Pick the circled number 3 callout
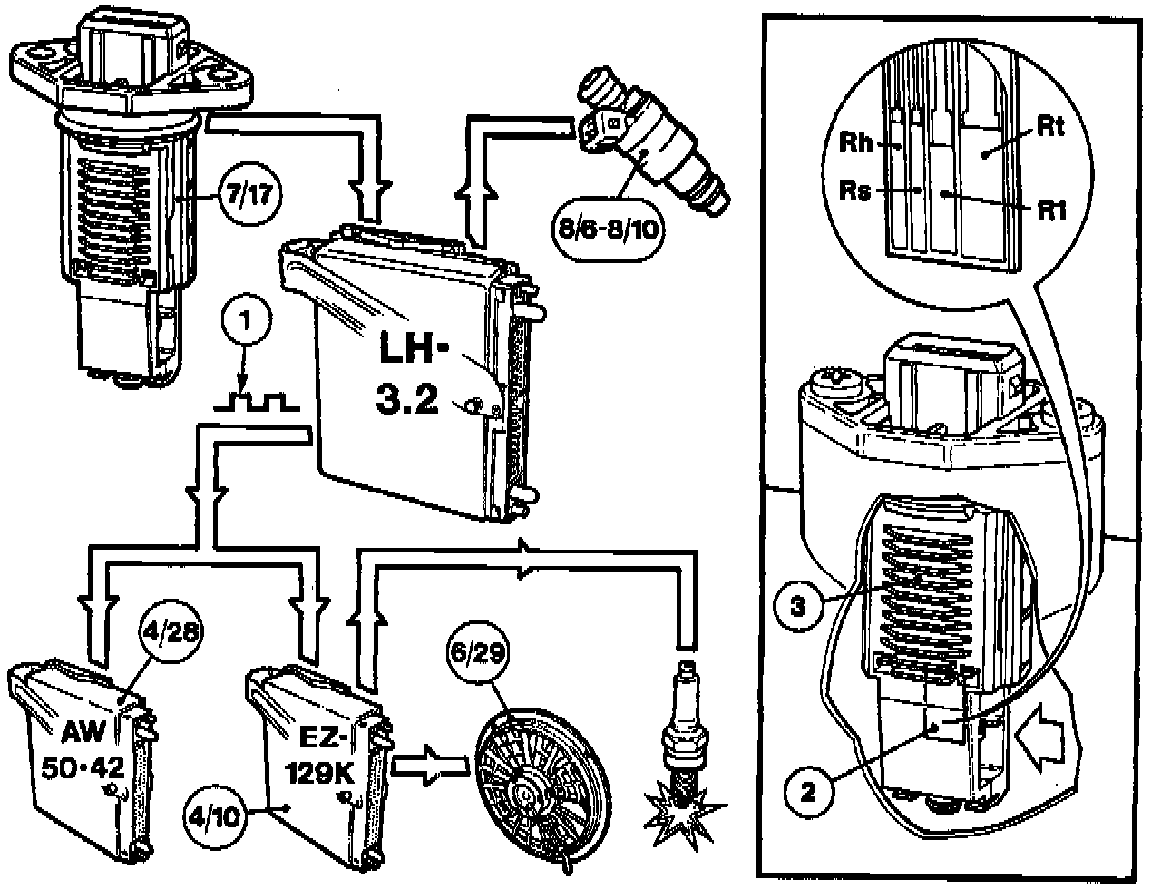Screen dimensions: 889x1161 (796, 609)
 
